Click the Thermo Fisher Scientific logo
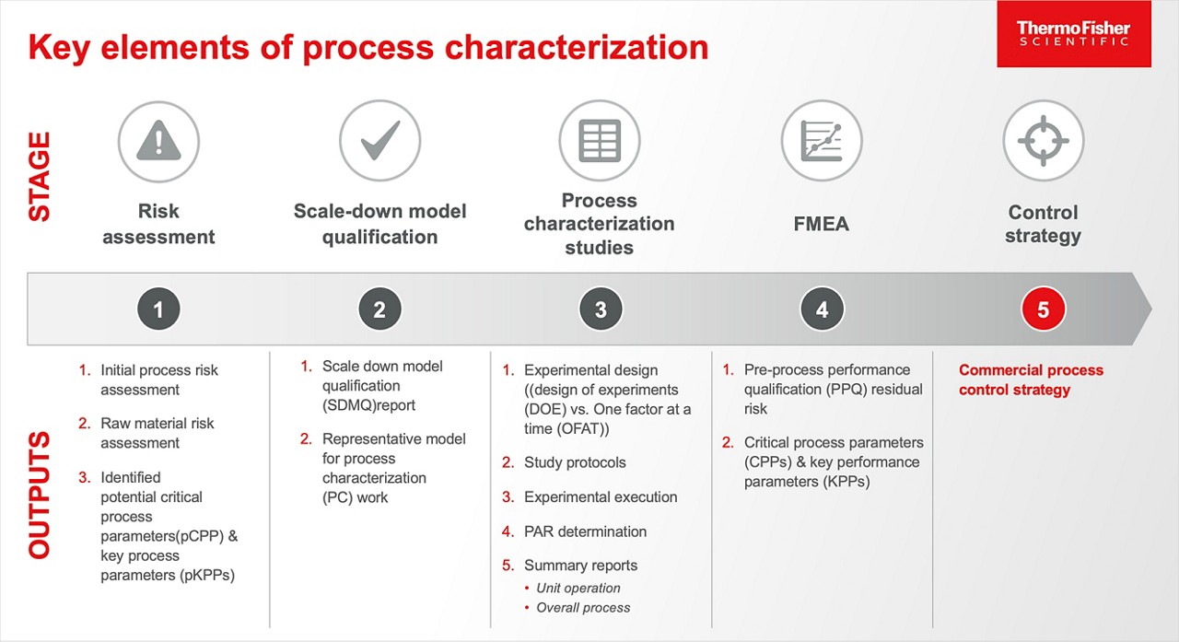tap(1073, 34)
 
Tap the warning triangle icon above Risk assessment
tap(158, 141)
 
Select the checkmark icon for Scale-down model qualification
tap(379, 141)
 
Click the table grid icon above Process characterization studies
tap(600, 141)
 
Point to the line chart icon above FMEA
tap(822, 141)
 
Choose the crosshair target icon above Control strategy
tap(1043, 141)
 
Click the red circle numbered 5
tap(1043, 310)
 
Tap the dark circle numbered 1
tap(158, 310)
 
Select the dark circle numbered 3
tap(601, 310)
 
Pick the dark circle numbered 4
tap(822, 310)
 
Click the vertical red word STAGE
tap(40, 176)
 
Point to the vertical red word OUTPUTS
tap(40, 494)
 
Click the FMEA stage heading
tap(822, 224)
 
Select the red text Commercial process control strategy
tap(1030, 379)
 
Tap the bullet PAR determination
tap(585, 531)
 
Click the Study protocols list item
tap(575, 462)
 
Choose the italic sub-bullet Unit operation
tap(578, 588)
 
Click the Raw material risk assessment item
tap(157, 433)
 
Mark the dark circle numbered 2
tap(379, 310)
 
